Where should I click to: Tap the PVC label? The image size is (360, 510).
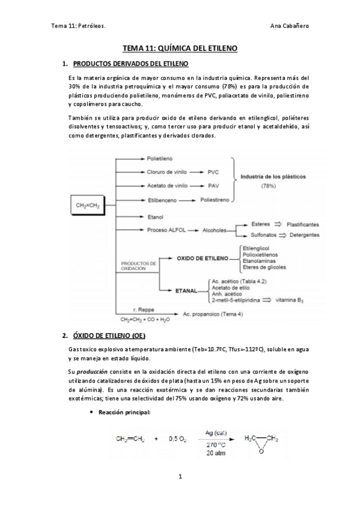pos(213,172)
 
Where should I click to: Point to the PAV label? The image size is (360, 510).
pos(213,186)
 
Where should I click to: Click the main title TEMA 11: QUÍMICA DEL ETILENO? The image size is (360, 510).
pos(180,46)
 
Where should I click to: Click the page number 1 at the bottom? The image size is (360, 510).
pos(180,477)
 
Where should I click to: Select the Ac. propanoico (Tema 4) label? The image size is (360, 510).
pos(210,313)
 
